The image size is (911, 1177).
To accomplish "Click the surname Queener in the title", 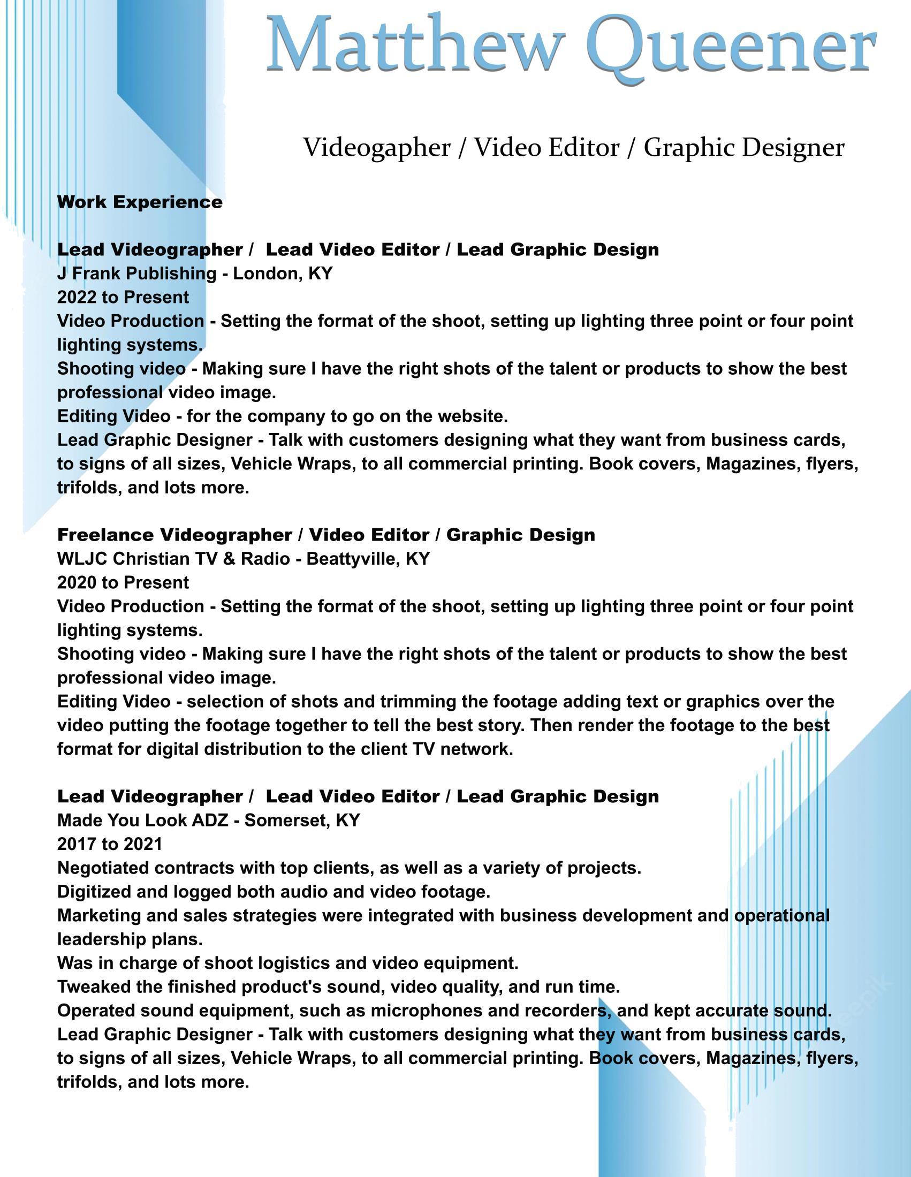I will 731,46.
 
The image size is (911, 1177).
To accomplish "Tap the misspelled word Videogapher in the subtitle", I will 376,148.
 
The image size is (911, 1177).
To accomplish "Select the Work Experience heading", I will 140,202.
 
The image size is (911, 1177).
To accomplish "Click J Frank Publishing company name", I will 136,273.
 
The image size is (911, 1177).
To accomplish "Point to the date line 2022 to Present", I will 123,297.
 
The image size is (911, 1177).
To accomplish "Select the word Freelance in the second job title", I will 105,535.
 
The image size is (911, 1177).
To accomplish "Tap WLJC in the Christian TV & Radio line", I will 82,558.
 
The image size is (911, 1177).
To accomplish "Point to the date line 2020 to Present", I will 123,582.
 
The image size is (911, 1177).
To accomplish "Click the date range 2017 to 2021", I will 110,844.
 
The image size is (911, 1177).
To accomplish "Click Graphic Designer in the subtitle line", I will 743,148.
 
